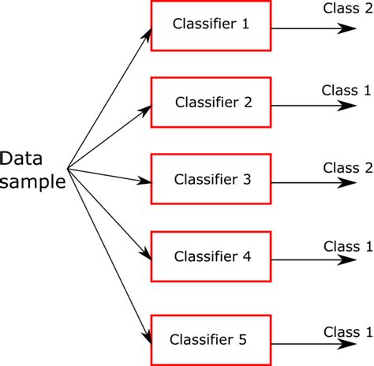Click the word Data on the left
pos(21,159)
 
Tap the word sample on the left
pos(32,181)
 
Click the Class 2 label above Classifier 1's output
pos(348,9)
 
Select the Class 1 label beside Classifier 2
pos(346,90)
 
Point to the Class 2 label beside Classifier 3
pos(348,168)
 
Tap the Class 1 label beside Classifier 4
pos(348,247)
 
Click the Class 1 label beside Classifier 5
pos(348,332)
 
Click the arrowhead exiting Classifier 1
pos(346,28)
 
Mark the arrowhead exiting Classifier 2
pos(346,106)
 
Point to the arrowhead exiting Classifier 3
pos(346,183)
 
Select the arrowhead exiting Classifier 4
pos(346,260)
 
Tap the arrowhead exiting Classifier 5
pos(346,344)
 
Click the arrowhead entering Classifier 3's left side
pos(144,181)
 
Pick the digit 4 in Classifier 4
pos(246,256)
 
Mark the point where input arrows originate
pos(68,169)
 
